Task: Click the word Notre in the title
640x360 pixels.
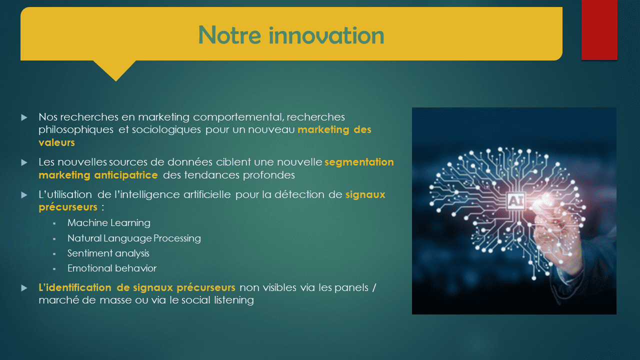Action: tap(229, 35)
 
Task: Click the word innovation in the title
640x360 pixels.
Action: tap(326, 35)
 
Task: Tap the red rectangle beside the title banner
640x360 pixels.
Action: tap(599, 30)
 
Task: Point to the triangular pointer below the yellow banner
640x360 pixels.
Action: tap(115, 70)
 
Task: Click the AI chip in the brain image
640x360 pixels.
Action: tap(516, 201)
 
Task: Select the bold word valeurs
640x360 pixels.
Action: tap(56, 142)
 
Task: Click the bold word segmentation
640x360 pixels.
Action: tap(359, 162)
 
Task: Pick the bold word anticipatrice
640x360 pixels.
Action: tap(126, 175)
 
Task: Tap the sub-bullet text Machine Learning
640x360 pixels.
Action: tap(109, 223)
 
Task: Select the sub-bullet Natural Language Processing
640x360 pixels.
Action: tap(134, 238)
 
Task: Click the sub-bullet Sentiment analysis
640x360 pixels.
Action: tap(108, 253)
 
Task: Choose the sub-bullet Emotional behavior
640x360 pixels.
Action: tap(112, 268)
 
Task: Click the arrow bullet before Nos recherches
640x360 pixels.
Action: tap(24, 117)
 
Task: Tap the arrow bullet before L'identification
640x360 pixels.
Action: tap(24, 287)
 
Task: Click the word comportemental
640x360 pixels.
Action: tap(238, 117)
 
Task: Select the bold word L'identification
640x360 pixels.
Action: tap(75, 287)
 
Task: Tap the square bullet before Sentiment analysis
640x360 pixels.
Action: tap(54, 254)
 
